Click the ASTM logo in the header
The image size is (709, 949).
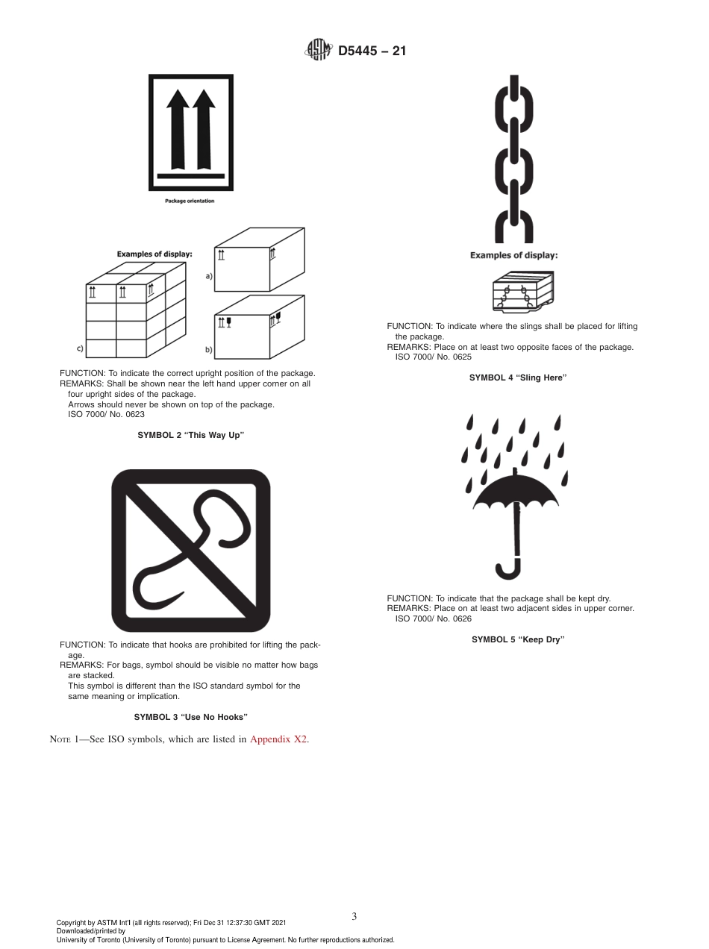click(x=317, y=51)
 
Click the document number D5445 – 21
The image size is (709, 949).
click(x=372, y=51)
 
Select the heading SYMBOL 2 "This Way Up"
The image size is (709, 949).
click(x=191, y=435)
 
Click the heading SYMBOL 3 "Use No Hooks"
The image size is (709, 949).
click(x=191, y=717)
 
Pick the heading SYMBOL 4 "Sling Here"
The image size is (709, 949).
click(x=518, y=378)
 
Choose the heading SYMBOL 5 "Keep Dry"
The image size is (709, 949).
click(x=518, y=639)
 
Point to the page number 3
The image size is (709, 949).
click(x=354, y=916)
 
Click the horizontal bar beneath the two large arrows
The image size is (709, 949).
click(x=191, y=176)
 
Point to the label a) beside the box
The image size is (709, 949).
click(x=209, y=276)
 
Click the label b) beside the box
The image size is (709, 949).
click(x=209, y=349)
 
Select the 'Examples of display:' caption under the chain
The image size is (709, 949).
click(x=513, y=255)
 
